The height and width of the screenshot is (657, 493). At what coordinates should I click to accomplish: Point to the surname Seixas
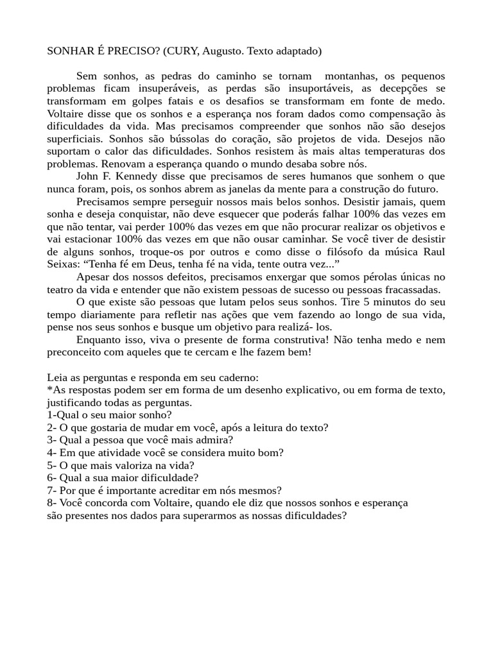[x=62, y=264]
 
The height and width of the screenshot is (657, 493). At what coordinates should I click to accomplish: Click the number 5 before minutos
[x=367, y=302]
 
